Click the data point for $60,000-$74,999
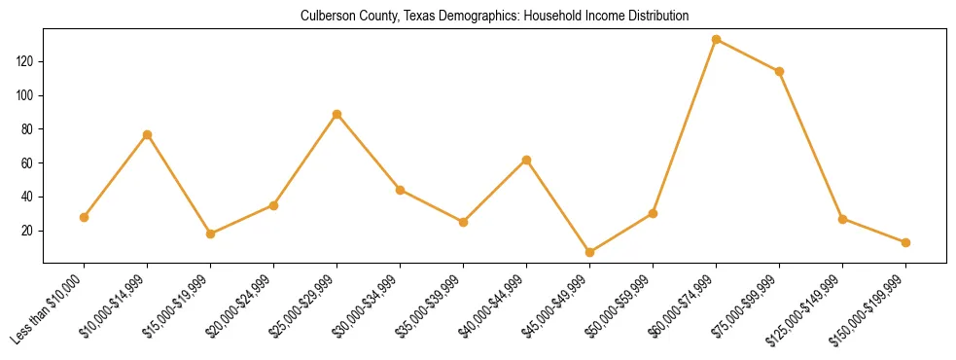(x=716, y=40)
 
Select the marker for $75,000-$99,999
(x=779, y=71)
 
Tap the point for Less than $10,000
(x=84, y=217)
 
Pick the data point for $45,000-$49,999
(x=589, y=252)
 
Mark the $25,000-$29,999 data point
(x=336, y=114)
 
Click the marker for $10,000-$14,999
(x=147, y=134)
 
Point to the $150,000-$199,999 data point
(x=905, y=242)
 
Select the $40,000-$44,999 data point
(x=526, y=160)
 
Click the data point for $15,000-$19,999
(x=210, y=234)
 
